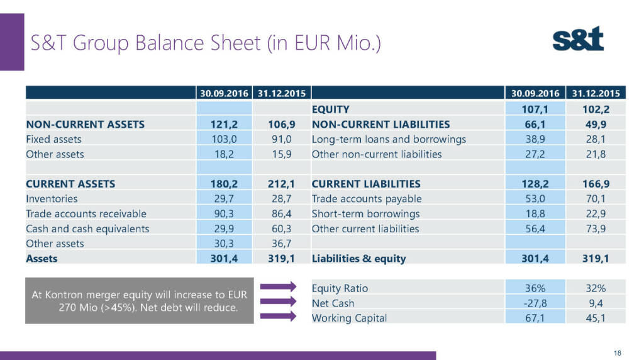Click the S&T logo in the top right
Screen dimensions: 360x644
coord(577,40)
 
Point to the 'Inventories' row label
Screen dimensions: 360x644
coord(52,199)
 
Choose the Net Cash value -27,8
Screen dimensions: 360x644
coord(535,303)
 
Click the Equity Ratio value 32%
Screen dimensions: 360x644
coord(595,288)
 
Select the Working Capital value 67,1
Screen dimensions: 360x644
coord(536,318)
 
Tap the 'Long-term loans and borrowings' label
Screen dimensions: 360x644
coord(389,139)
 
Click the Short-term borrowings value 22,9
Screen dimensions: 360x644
coord(595,214)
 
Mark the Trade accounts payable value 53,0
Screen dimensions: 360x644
coord(536,199)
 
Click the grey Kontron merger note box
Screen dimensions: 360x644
coord(140,301)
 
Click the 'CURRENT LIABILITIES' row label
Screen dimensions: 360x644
coord(366,184)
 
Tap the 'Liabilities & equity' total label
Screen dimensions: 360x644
coord(359,258)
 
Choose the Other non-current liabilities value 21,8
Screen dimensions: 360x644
coord(595,154)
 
